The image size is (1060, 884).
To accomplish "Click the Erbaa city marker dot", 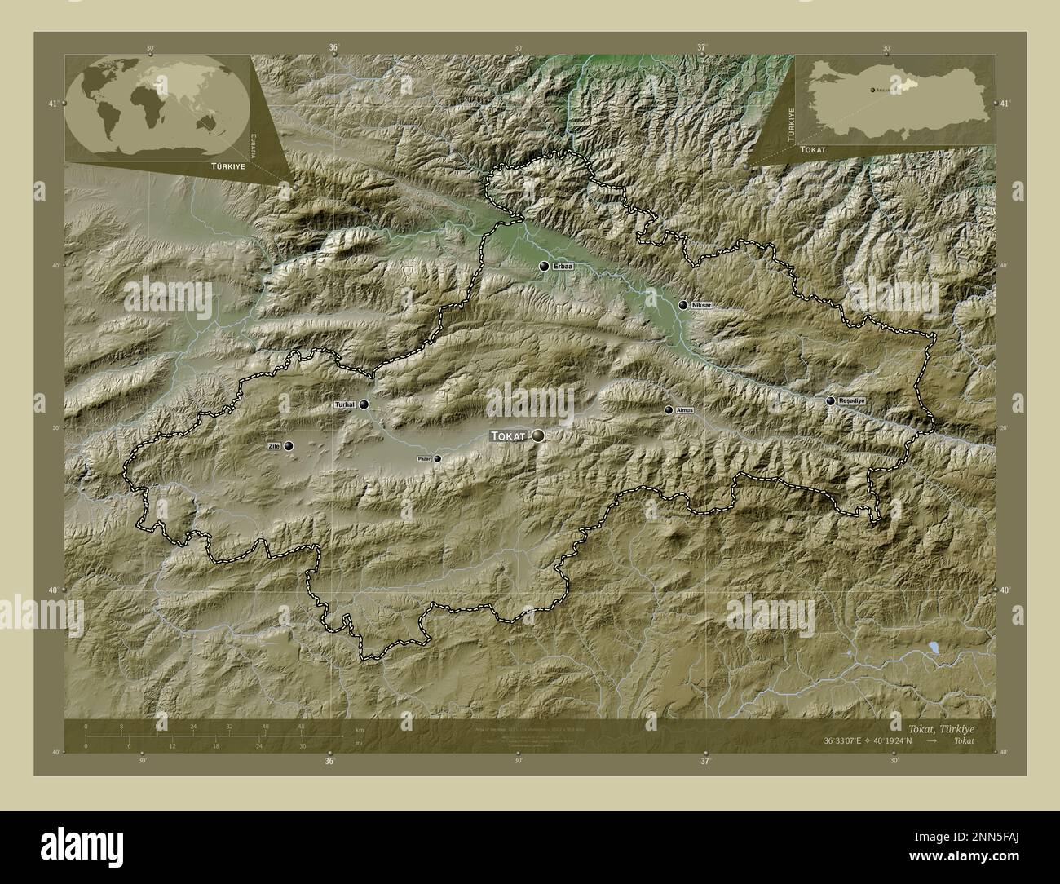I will pyautogui.click(x=544, y=267).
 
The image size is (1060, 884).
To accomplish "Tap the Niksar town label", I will pyautogui.click(x=701, y=305).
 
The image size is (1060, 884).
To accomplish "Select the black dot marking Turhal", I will pyautogui.click(x=364, y=404).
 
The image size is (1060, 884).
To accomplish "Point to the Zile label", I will pyautogui.click(x=273, y=446).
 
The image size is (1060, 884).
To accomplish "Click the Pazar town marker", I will pyautogui.click(x=438, y=458).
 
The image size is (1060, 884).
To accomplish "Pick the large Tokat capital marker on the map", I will pyautogui.click(x=538, y=437).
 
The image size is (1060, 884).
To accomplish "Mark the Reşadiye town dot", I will pyautogui.click(x=830, y=400).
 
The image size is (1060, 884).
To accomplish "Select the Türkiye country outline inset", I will pyautogui.click(x=897, y=98).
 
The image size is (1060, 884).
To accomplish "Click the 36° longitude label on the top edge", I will pyautogui.click(x=333, y=48).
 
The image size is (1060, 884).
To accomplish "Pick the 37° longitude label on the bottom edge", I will pyautogui.click(x=705, y=761).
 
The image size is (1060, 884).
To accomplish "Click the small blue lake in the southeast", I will pyautogui.click(x=932, y=648).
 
